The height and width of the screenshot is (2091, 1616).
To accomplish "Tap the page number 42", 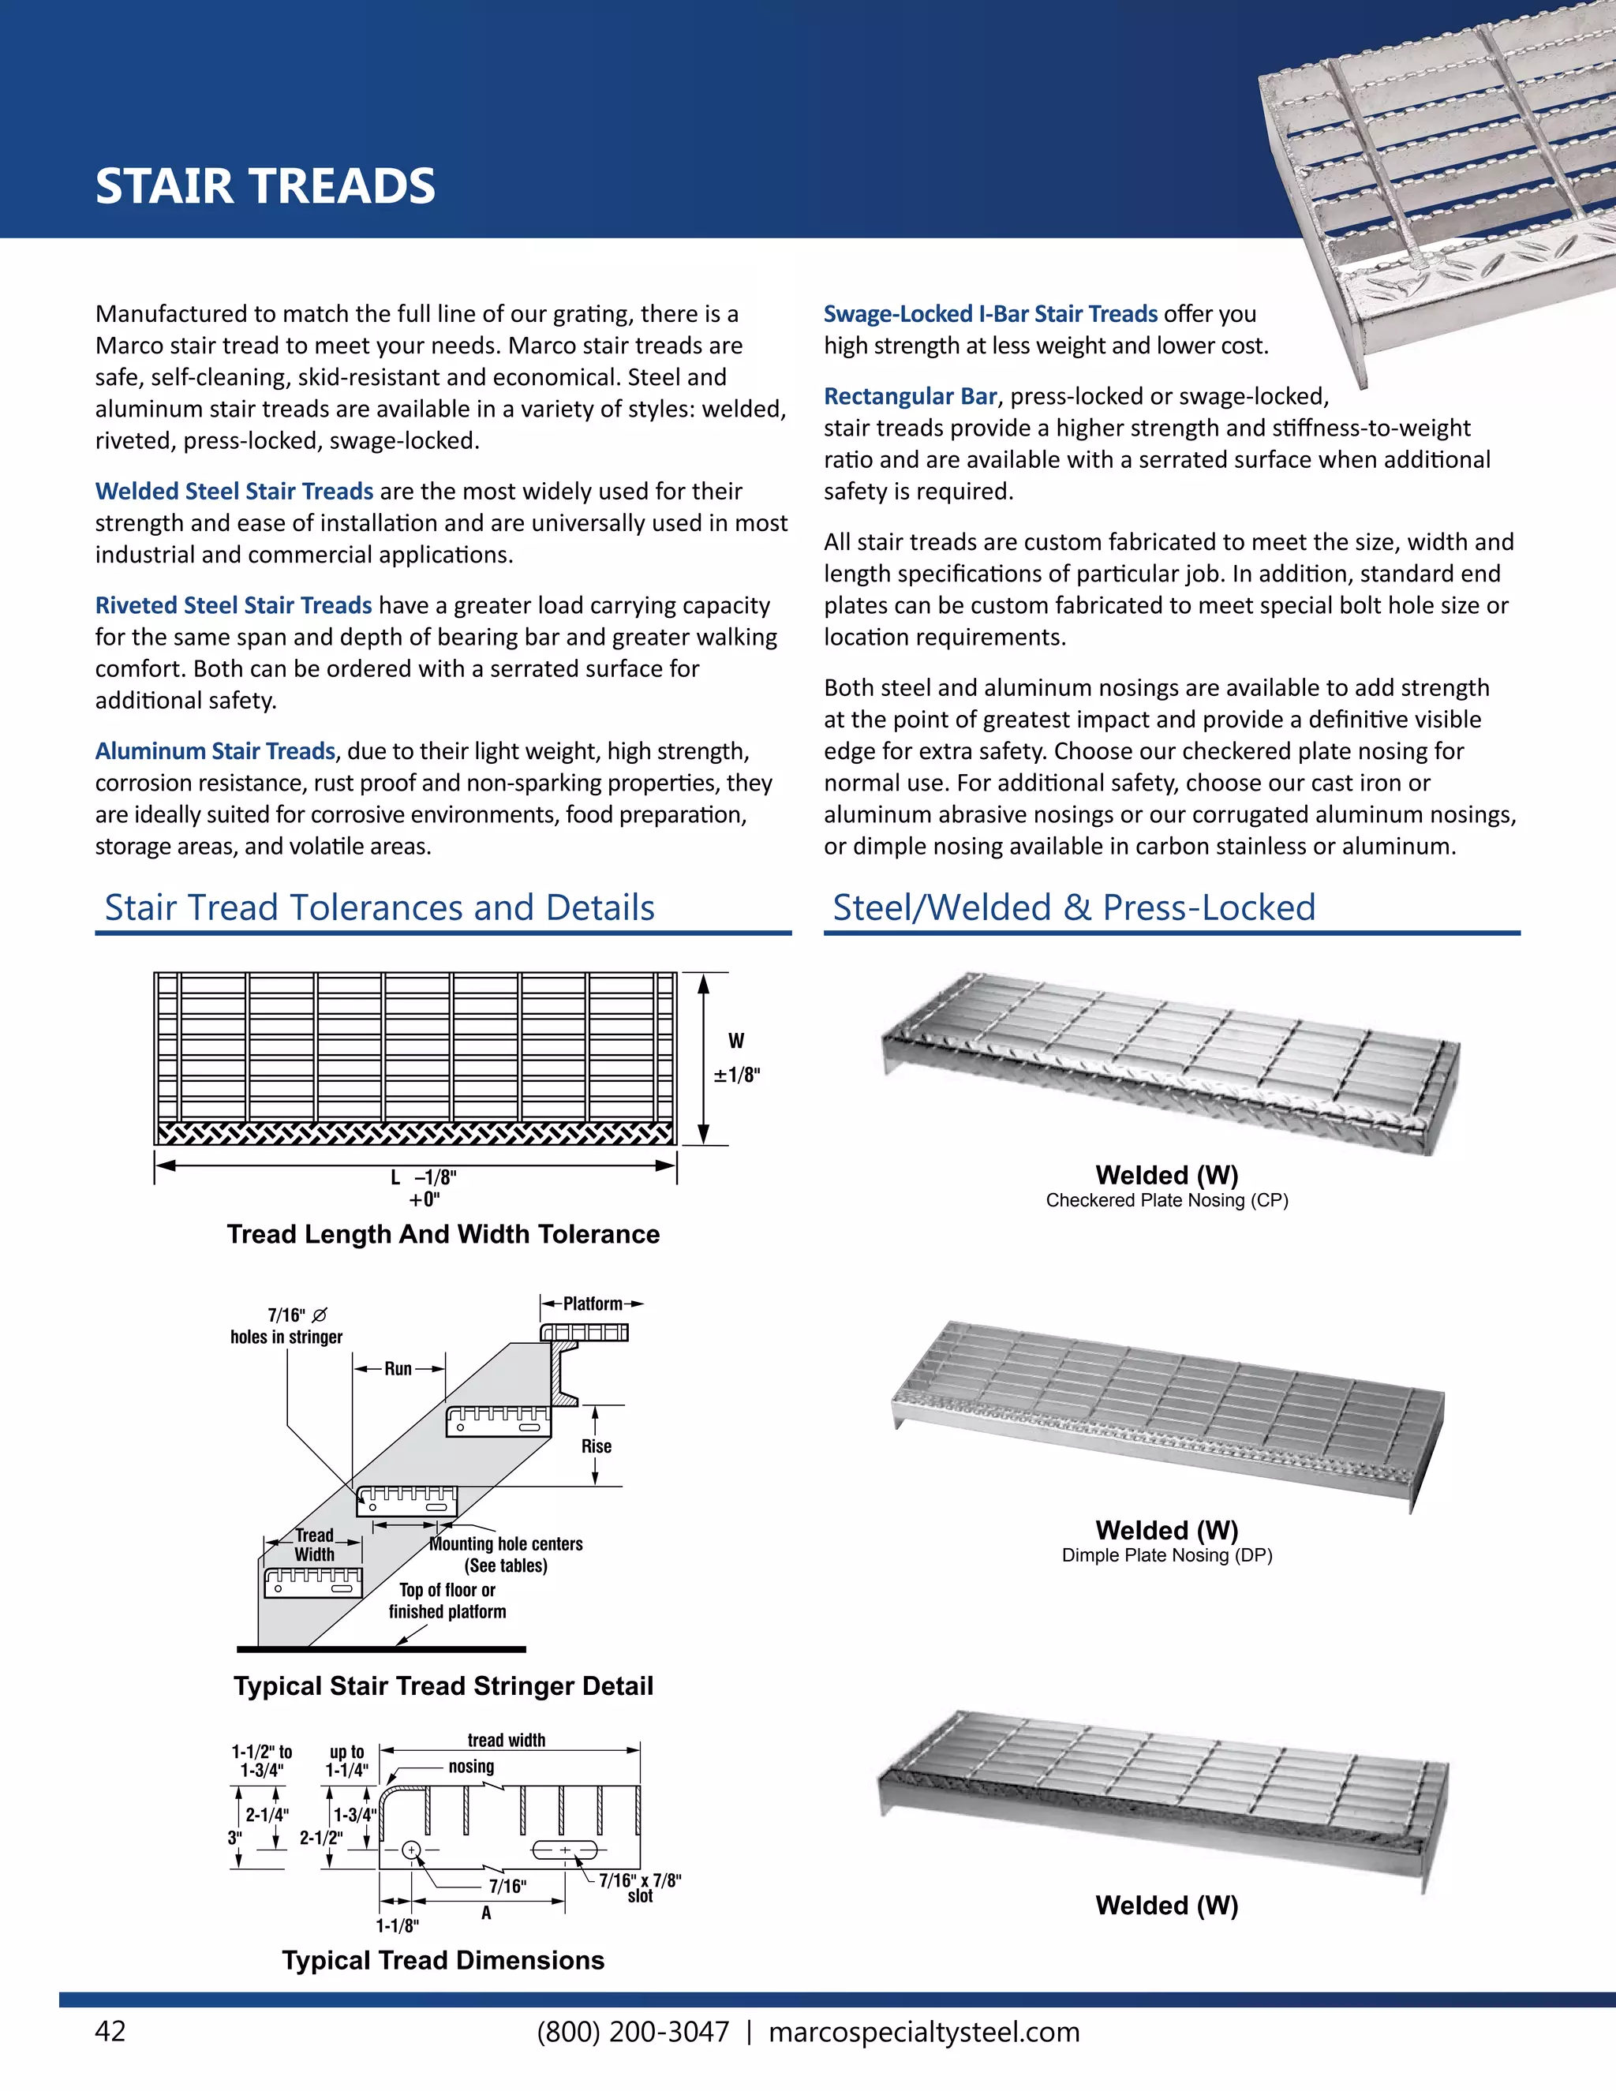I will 110,2032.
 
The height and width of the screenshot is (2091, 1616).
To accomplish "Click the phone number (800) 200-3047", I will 633,2032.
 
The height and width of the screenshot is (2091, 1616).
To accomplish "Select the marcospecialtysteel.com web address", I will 924,2032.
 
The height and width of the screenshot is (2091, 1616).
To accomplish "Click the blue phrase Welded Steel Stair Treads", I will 234,491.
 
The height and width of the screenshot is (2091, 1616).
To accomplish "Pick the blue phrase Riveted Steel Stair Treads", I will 233,605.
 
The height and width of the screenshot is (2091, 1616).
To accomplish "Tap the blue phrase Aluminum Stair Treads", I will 215,750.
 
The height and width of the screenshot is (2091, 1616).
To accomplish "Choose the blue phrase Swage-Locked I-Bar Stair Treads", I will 990,314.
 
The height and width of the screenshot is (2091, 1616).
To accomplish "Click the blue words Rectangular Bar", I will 910,396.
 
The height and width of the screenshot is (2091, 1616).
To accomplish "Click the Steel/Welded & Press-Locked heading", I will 1073,907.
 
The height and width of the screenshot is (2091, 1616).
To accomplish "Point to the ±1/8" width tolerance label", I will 736,1074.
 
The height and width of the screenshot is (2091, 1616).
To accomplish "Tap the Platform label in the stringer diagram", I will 592,1304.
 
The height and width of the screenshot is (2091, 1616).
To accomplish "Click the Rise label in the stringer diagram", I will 596,1446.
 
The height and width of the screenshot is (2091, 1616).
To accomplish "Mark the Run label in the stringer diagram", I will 398,1369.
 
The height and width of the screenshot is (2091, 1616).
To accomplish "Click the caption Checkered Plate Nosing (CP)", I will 1166,1201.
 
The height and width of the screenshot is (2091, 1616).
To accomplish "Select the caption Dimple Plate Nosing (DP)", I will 1166,1555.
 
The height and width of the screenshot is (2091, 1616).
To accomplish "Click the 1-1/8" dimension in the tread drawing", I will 396,1925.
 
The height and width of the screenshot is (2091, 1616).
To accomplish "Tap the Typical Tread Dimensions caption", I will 443,1960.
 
